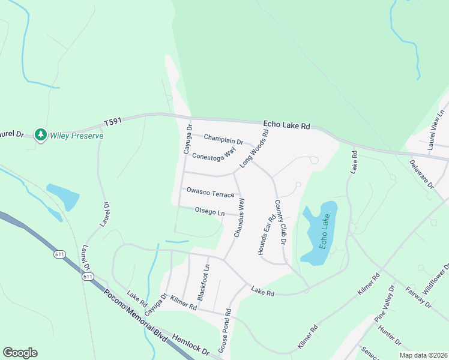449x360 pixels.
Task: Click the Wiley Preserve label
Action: [77, 136]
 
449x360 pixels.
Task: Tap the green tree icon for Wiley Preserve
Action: [41, 135]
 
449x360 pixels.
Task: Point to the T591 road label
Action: [112, 121]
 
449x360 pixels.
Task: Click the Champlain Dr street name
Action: [223, 140]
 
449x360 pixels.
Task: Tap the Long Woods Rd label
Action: [254, 148]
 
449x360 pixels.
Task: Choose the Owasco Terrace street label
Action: [209, 193]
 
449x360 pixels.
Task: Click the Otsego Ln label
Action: [209, 211]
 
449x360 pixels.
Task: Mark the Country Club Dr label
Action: [279, 223]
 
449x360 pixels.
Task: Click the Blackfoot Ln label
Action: [204, 282]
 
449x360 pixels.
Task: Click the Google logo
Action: [20, 353]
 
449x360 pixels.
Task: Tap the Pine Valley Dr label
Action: [385, 304]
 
